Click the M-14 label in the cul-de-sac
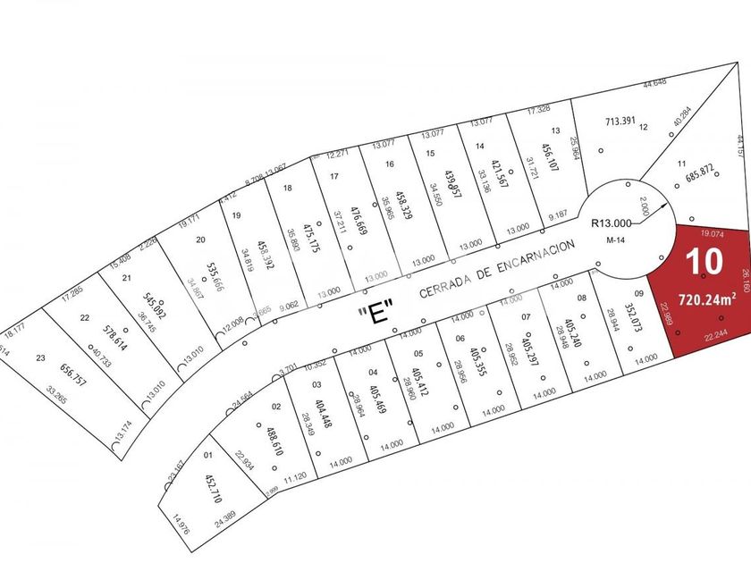(613, 240)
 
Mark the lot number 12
(643, 126)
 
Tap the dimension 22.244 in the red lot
(715, 360)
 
